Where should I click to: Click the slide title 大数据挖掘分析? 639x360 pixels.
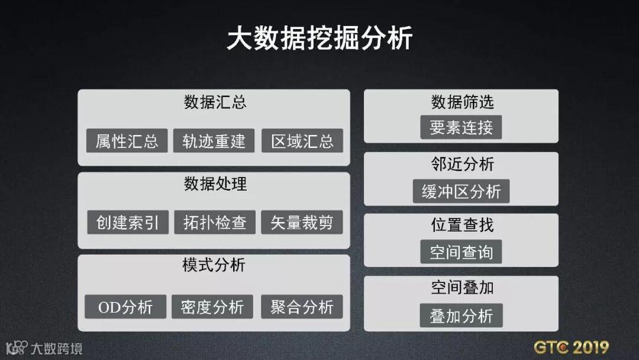pos(319,39)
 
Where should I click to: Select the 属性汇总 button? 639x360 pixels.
pos(127,141)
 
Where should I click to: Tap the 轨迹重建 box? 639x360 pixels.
pos(214,141)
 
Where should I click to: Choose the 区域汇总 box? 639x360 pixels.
pos(302,141)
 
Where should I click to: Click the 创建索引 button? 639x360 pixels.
pos(127,223)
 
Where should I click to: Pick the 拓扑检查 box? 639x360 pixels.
pos(214,223)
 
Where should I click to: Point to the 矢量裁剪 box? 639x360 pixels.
pos(302,223)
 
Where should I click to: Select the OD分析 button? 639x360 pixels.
pos(125,307)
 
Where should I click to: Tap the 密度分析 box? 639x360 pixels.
pos(212,307)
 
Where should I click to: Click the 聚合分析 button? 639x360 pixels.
pos(302,307)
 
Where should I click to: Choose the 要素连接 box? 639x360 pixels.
pos(461,127)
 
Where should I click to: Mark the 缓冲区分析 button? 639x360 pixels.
pos(461,191)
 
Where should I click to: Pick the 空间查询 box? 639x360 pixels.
pos(461,252)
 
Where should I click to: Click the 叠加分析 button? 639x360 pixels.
pos(461,316)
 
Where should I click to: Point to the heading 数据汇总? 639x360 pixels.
pos(215,102)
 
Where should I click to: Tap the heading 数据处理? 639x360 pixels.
pos(215,184)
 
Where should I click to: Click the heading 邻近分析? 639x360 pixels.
pos(461,164)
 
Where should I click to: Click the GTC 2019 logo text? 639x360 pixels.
pos(571,346)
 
